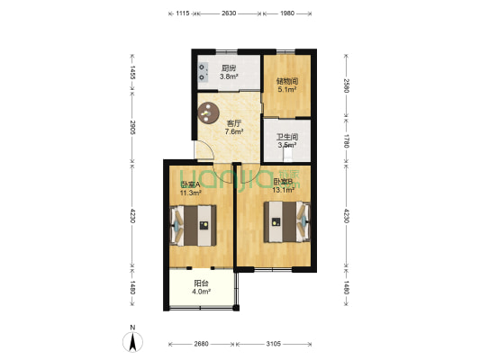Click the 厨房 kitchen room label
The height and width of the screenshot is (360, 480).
pyautogui.click(x=229, y=67)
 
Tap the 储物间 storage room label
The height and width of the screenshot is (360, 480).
pyautogui.click(x=286, y=80)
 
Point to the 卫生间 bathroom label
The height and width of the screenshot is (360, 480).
pyautogui.click(x=285, y=138)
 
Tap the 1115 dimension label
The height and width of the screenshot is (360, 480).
pyautogui.click(x=180, y=13)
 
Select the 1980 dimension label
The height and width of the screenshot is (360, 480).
pyautogui.click(x=286, y=13)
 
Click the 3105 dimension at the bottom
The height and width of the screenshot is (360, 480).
pyautogui.click(x=275, y=343)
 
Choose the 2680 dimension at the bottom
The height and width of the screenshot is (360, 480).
pyautogui.click(x=201, y=343)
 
